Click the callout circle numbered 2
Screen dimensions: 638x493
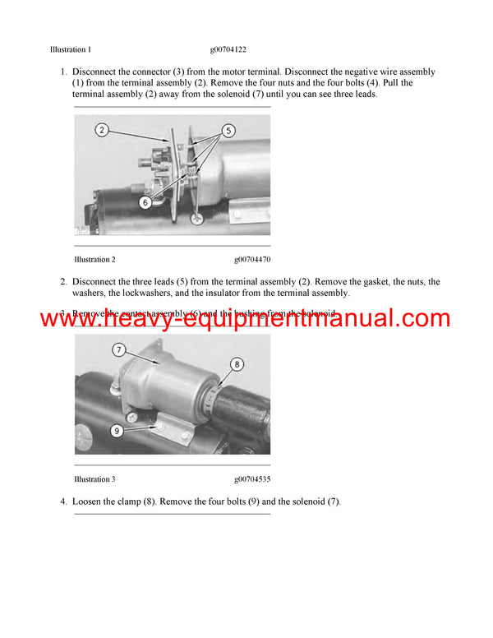point(101,130)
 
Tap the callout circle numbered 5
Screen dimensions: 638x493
point(228,130)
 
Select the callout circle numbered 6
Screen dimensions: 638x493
point(145,201)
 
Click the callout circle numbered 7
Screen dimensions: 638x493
point(118,350)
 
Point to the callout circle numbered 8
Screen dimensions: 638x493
point(237,363)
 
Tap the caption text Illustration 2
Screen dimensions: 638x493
point(94,260)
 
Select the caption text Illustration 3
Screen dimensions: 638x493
point(94,479)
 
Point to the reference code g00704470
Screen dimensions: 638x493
point(252,260)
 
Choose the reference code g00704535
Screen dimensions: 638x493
point(252,479)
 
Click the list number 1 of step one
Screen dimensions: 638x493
point(63,72)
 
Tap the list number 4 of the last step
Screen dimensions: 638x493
point(63,502)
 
